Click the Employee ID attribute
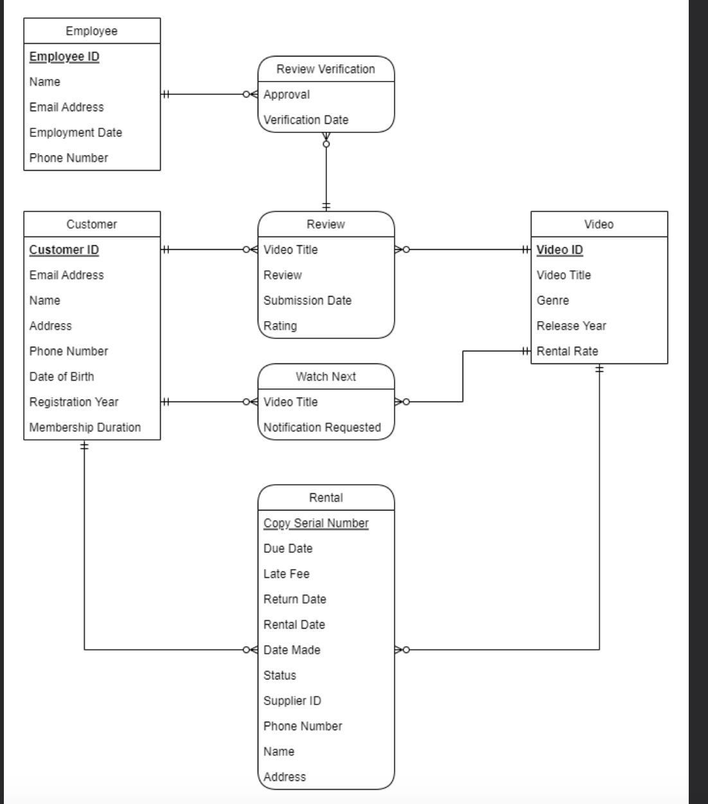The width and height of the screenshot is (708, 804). coord(64,57)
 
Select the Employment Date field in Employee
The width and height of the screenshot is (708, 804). coord(75,132)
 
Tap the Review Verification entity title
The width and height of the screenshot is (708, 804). coord(326,69)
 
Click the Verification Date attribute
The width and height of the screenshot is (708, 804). coord(306,119)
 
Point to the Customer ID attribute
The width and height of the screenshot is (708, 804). coord(64,250)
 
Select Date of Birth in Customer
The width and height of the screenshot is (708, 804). coord(62,376)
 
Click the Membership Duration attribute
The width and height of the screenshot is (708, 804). coord(85,427)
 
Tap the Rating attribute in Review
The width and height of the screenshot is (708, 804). coord(280,326)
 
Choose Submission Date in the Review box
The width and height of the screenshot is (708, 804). coord(307,300)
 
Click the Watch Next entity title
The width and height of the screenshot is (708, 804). coord(326,376)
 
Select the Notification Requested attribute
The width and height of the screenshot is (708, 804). coord(322,427)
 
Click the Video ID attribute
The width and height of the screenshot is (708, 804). coord(560,250)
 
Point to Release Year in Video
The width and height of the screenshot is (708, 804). coord(571,326)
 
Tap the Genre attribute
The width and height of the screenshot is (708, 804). coord(553,300)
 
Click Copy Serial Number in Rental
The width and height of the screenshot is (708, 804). coord(315,523)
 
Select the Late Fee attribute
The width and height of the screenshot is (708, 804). coord(286,573)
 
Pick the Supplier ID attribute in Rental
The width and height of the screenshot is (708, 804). coord(292,701)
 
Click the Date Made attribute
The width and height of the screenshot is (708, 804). coord(291,650)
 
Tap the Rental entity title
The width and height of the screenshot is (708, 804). coord(326,498)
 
